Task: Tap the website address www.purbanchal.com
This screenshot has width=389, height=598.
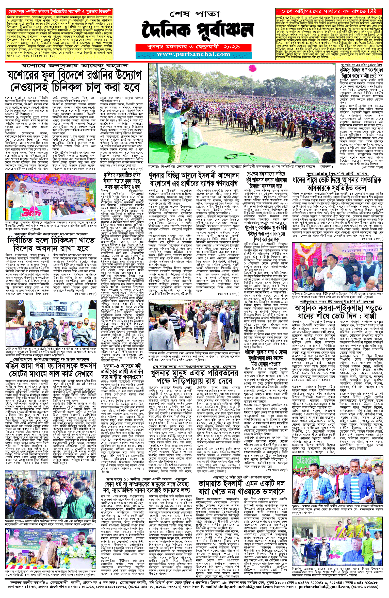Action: pyautogui.click(x=193, y=54)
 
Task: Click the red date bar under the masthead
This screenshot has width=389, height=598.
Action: pyautogui.click(x=193, y=47)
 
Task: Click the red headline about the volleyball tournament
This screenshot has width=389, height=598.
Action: pyautogui.click(x=59, y=12)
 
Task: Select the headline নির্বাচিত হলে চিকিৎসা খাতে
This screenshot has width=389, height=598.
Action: pyautogui.click(x=51, y=240)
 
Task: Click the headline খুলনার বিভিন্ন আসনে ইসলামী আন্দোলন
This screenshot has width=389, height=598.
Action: pyautogui.click(x=194, y=176)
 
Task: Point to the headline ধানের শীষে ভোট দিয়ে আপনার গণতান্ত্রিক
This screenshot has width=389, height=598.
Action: pyautogui.click(x=337, y=180)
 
